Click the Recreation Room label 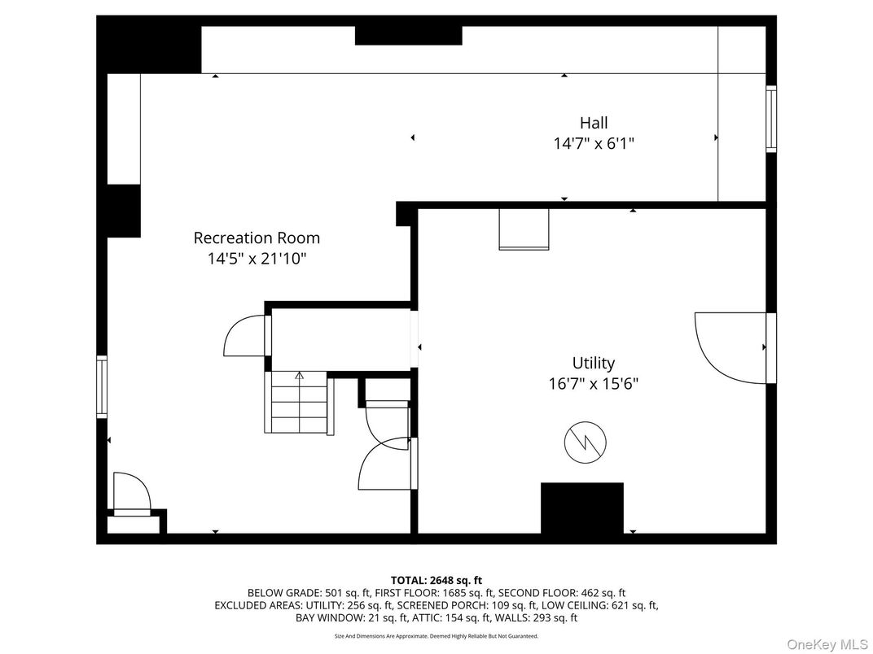(257, 238)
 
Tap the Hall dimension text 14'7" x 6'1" (594, 143)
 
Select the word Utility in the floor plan (593, 363)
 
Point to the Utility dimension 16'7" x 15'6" (593, 383)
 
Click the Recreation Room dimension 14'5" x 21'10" (257, 259)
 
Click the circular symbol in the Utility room (585, 443)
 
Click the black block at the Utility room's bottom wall (581, 508)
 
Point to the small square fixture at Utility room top (524, 229)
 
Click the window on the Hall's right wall (770, 118)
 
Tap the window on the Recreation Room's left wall (102, 386)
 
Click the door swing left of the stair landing (244, 335)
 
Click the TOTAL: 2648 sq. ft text (436, 580)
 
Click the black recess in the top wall (408, 36)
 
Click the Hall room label (594, 124)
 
